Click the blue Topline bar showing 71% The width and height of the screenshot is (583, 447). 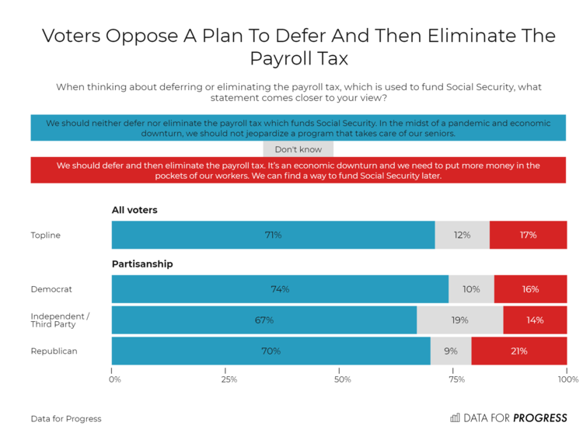click(x=273, y=235)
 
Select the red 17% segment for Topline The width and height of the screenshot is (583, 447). click(x=528, y=235)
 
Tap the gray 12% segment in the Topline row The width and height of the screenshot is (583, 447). click(x=462, y=235)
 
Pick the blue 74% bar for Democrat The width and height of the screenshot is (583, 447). click(x=280, y=289)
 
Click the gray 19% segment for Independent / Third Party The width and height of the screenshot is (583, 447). click(x=459, y=320)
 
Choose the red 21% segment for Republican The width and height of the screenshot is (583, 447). click(x=518, y=351)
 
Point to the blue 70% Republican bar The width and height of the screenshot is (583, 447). click(x=271, y=351)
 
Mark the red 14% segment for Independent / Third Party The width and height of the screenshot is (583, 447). click(x=534, y=320)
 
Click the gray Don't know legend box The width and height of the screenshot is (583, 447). click(x=298, y=149)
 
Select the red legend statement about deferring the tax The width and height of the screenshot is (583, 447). click(x=298, y=170)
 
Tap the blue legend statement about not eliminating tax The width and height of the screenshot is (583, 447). click(x=298, y=128)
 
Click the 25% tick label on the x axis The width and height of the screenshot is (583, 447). click(x=229, y=380)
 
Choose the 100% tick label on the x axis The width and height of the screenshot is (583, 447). click(x=567, y=380)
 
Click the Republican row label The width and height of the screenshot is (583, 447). click(x=54, y=351)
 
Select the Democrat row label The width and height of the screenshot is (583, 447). click(x=51, y=289)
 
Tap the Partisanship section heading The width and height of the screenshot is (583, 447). click(x=142, y=264)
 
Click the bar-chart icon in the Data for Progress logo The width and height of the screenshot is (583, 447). click(x=455, y=418)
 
